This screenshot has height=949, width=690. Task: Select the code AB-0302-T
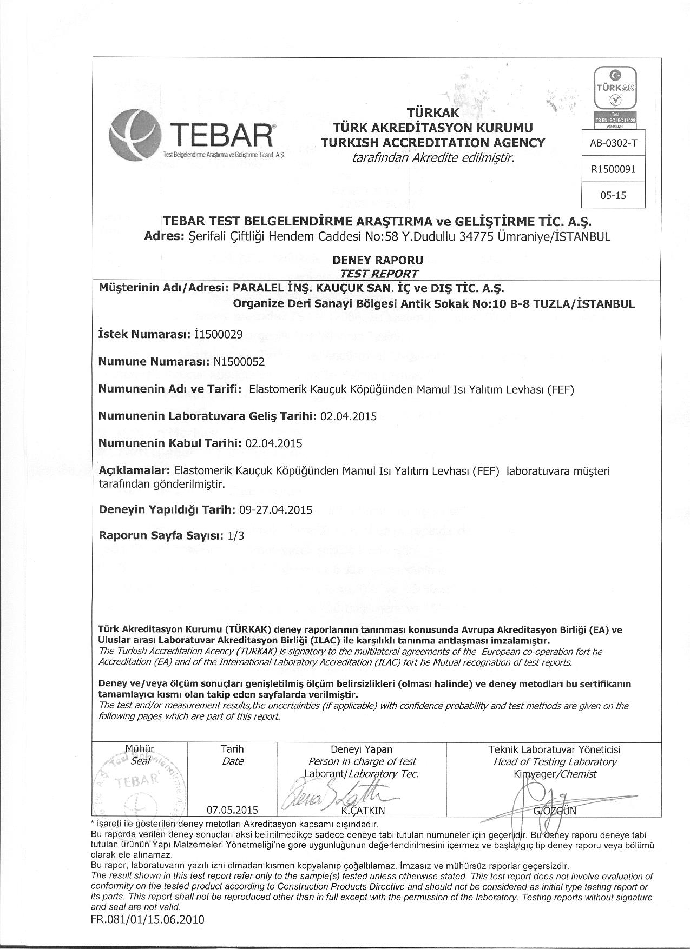point(614,143)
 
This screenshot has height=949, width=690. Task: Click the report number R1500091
point(614,169)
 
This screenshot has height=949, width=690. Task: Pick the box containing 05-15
point(614,195)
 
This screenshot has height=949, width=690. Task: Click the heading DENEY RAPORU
point(378,260)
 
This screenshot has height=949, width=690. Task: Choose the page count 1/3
point(236,536)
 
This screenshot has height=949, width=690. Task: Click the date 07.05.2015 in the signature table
point(232,810)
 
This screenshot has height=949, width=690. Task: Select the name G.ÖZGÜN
point(555,811)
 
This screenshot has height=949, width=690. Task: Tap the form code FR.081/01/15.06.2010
point(148,919)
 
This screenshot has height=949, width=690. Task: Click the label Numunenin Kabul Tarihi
point(169,443)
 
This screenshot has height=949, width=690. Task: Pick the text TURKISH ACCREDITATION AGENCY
point(432,143)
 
